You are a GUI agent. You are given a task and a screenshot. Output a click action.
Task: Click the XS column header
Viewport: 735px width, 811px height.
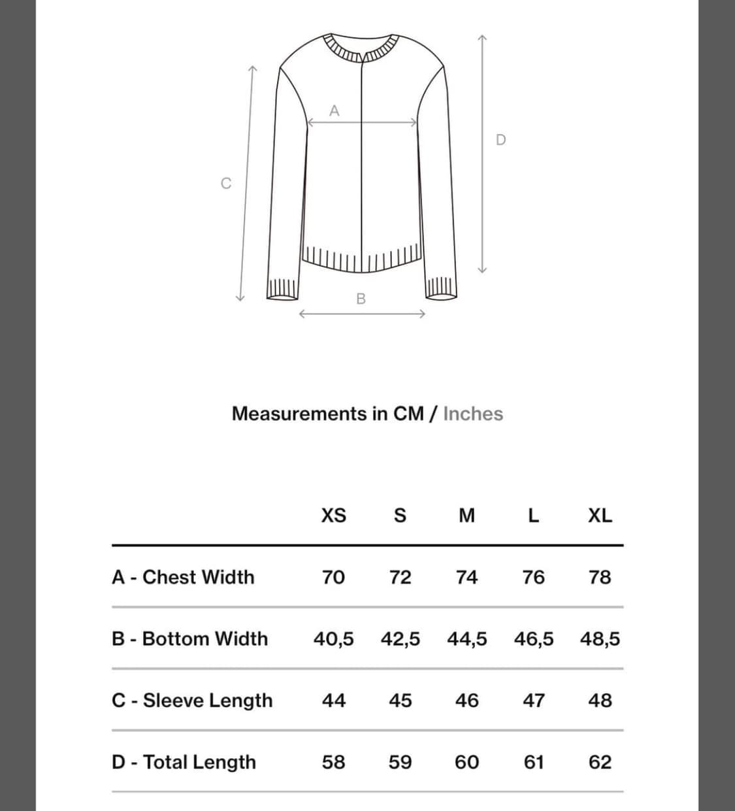click(x=333, y=516)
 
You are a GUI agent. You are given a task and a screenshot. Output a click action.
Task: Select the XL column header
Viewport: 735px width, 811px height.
click(x=600, y=516)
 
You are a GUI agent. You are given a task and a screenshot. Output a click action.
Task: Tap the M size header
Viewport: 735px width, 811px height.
click(x=466, y=516)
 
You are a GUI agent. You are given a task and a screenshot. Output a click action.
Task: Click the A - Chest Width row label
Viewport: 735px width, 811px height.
click(x=183, y=577)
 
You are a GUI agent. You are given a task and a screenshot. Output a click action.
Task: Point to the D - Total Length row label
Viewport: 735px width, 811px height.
click(x=184, y=762)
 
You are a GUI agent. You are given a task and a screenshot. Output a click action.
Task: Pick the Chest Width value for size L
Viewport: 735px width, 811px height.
click(x=533, y=577)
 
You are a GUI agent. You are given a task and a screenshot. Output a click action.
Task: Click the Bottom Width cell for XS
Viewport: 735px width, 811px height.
click(x=333, y=638)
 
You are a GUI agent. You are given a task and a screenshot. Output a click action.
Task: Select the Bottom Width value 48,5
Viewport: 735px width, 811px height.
click(x=600, y=638)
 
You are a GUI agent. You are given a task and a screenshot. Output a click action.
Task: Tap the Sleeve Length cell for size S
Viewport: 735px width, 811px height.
click(x=400, y=701)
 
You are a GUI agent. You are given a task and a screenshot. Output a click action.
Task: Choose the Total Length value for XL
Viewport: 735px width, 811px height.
click(x=600, y=762)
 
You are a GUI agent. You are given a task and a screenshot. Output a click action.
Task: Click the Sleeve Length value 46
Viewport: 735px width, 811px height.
click(x=466, y=701)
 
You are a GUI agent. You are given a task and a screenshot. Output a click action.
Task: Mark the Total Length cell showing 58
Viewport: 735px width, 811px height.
click(x=333, y=762)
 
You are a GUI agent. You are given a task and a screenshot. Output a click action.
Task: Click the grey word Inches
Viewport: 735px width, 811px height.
click(x=473, y=414)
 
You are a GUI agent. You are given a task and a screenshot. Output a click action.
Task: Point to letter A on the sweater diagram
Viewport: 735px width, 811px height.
click(x=335, y=111)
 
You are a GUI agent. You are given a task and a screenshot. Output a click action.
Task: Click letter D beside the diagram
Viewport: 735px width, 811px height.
click(x=501, y=140)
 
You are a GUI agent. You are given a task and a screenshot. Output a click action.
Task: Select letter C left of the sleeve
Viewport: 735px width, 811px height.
click(x=226, y=184)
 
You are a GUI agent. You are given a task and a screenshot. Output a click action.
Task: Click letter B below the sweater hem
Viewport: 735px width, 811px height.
click(x=361, y=299)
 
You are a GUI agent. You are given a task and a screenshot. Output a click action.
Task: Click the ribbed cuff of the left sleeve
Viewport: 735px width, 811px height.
click(x=283, y=288)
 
